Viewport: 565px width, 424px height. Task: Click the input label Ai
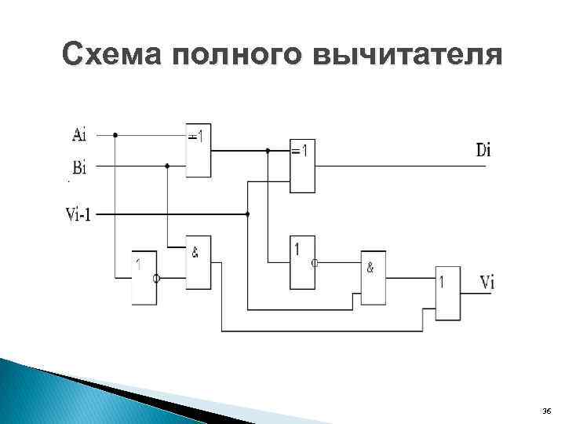(x=79, y=135)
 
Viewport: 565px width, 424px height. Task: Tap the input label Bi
(x=79, y=166)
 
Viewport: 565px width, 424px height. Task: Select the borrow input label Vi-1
(x=78, y=214)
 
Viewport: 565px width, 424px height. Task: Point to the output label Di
(x=483, y=150)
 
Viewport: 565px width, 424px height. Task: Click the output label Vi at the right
(x=487, y=282)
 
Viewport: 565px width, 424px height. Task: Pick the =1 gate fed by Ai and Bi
(x=199, y=150)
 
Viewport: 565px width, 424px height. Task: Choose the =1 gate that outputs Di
(x=303, y=166)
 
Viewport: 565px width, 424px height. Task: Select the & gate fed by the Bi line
(x=199, y=261)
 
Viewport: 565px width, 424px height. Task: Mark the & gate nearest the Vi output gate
(x=374, y=277)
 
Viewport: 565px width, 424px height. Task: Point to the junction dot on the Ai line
(x=115, y=135)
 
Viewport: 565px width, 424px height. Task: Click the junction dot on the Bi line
(x=167, y=166)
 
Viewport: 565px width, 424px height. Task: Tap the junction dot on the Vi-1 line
(x=247, y=214)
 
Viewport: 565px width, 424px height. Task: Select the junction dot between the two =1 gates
(x=268, y=150)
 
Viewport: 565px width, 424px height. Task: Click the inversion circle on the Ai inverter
(x=157, y=278)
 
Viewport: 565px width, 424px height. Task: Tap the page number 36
(x=546, y=411)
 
